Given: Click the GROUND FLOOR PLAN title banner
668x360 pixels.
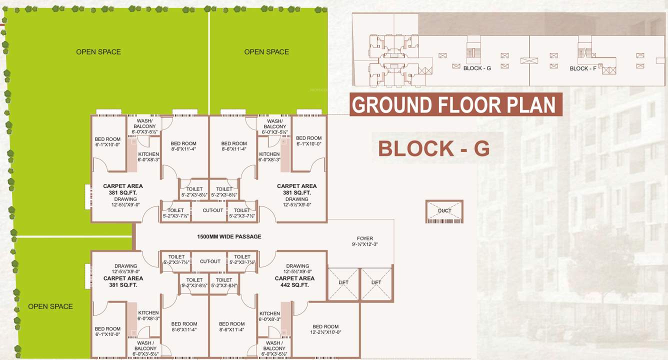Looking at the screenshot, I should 455,105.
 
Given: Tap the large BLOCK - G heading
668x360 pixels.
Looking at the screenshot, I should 433,149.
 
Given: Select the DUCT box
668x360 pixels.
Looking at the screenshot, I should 444,211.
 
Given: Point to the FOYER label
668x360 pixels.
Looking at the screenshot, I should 364,238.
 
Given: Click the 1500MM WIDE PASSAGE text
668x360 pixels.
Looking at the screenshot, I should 229,236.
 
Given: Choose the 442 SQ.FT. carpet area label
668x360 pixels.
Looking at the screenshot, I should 294,285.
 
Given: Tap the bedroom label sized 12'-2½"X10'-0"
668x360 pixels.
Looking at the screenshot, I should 325,329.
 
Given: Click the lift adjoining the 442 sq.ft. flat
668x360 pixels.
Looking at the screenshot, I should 343,283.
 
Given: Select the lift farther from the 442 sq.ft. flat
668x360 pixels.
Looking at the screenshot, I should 376,283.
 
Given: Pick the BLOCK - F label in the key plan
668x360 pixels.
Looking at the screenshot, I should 582,68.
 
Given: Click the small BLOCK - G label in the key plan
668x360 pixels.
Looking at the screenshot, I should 477,68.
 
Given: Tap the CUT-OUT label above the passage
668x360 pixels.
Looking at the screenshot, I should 213,210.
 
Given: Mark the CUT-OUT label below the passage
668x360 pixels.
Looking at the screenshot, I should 210,261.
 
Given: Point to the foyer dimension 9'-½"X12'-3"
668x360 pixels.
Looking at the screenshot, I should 364,244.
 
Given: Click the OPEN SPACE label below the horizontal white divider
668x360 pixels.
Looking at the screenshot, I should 50,306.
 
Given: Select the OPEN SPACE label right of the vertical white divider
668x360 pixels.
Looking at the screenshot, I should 266,52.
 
